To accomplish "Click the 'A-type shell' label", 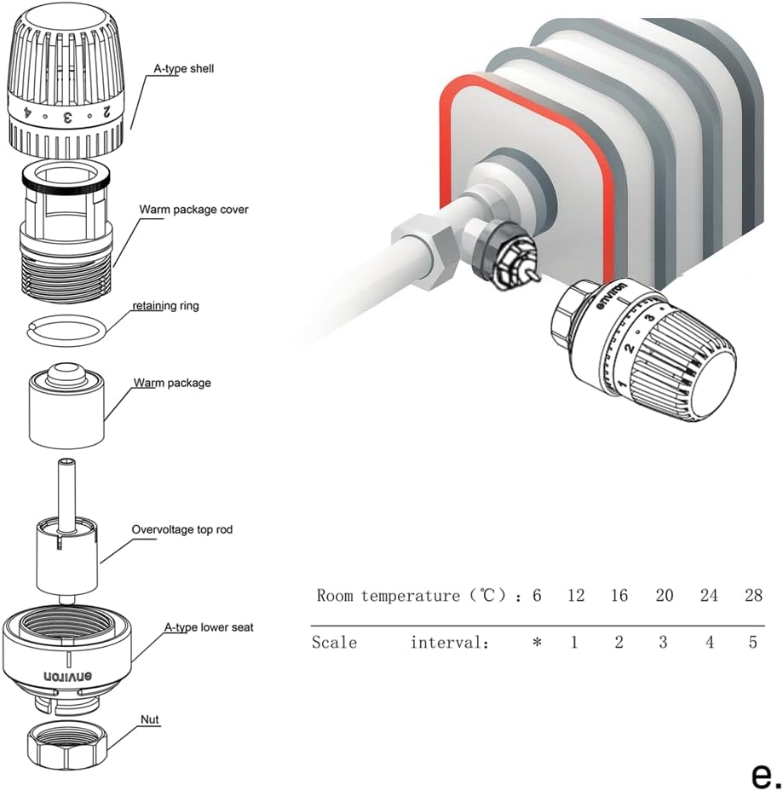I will (178, 68).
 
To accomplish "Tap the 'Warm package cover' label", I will (194, 209).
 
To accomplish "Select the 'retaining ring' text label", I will (165, 306).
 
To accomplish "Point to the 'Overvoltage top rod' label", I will (181, 529).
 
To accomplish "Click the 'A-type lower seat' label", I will (208, 627).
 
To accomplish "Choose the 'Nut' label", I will (150, 720).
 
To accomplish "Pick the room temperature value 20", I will (665, 595).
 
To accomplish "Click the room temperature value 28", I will (752, 595).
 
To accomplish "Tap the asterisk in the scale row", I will (537, 643).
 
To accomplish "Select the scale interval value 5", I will (752, 643).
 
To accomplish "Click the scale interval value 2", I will (619, 643).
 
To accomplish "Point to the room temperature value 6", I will (537, 595).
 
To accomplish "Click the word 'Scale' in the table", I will (334, 643).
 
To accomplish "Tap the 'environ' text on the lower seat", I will (67, 677).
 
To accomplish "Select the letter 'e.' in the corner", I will (764, 774).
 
